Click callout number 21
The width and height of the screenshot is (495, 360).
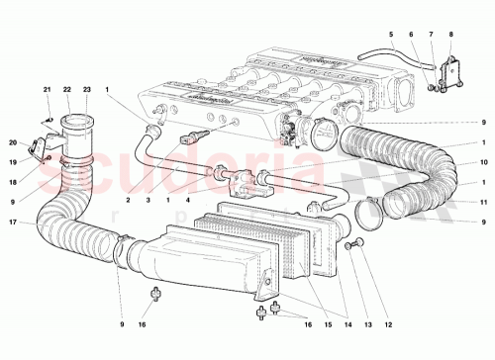click(x=47, y=90)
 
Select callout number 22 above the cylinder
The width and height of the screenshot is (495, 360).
click(x=66, y=90)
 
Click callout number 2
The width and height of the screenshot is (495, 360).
click(x=128, y=200)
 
